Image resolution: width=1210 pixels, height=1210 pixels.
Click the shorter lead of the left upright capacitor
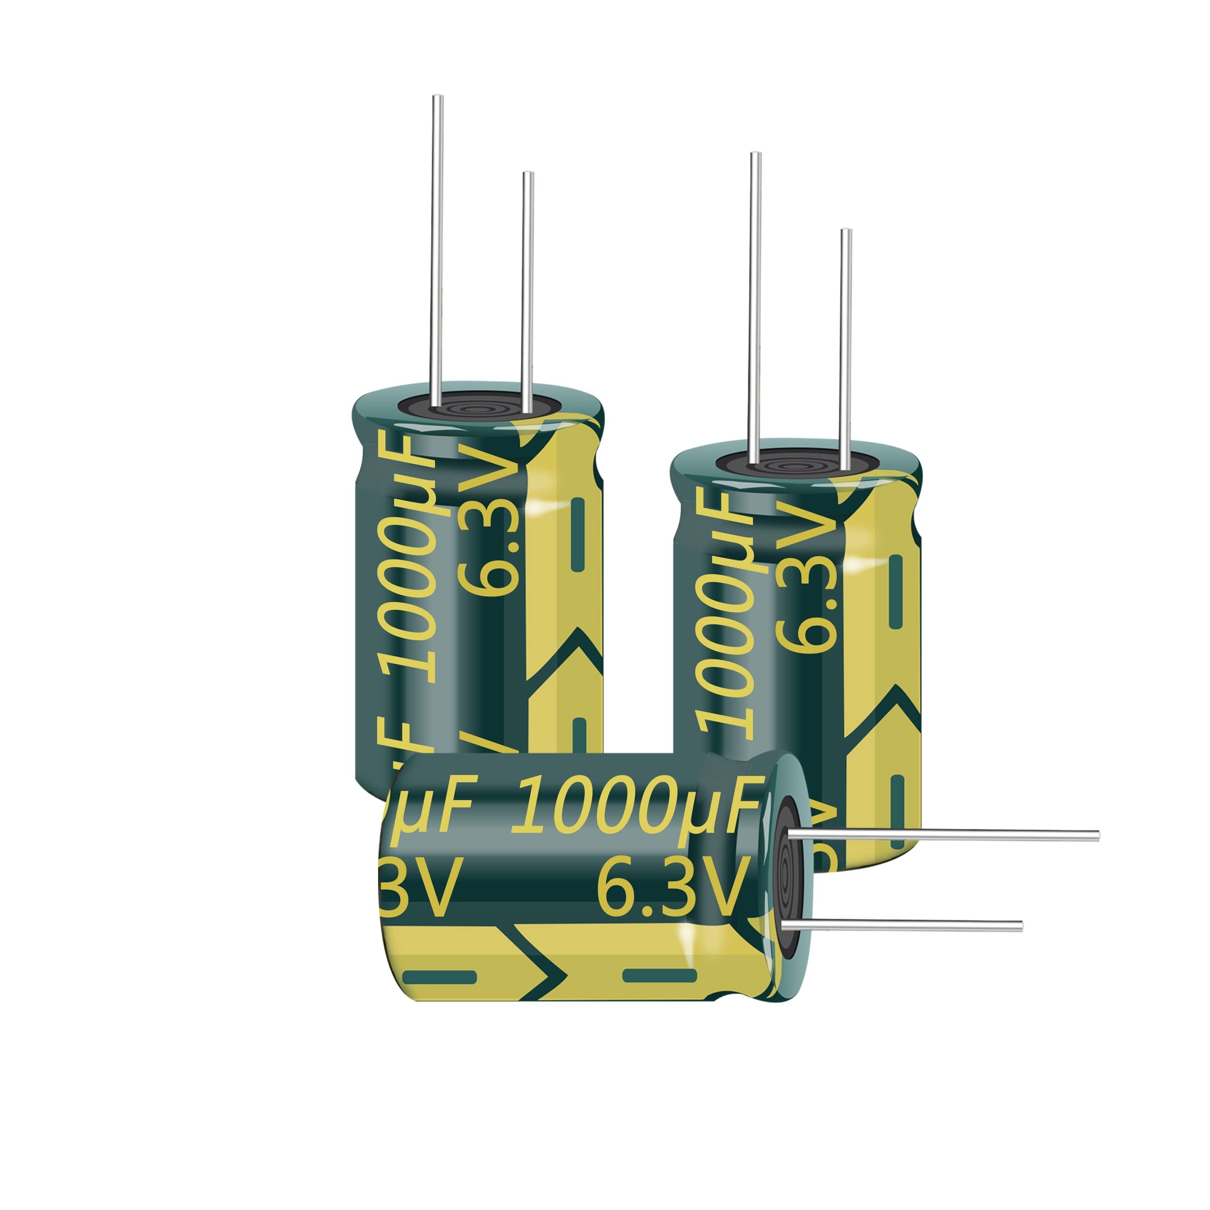click(528, 288)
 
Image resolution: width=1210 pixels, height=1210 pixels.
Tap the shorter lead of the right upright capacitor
click(846, 345)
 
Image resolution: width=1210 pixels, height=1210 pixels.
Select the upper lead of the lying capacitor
click(939, 835)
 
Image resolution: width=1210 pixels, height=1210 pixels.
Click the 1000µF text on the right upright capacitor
click(726, 620)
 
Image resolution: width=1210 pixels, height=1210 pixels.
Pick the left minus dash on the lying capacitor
click(439, 976)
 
